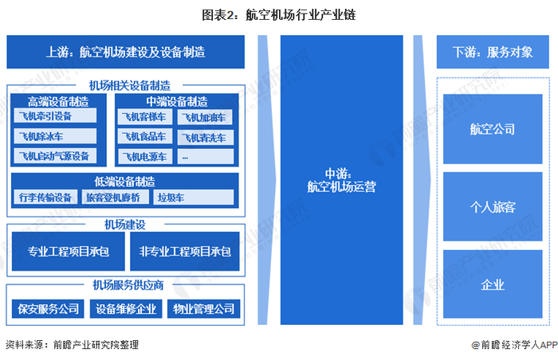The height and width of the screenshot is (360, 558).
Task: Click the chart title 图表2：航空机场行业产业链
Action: click(x=278, y=14)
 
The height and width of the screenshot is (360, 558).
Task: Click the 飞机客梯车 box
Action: click(x=144, y=118)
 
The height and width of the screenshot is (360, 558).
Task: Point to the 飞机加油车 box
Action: click(x=205, y=118)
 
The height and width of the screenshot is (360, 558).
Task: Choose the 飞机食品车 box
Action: click(x=144, y=137)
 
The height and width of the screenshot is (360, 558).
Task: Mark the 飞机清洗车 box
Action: click(x=205, y=137)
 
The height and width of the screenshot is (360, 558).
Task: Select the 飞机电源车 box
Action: click(x=144, y=156)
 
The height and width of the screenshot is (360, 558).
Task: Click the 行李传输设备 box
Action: click(x=45, y=197)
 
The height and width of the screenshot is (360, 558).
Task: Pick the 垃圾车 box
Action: click(x=194, y=197)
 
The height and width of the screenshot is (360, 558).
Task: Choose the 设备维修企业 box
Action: click(x=124, y=309)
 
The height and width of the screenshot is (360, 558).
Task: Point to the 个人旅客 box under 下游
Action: click(x=492, y=206)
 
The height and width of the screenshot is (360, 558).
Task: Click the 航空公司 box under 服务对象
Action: click(x=492, y=129)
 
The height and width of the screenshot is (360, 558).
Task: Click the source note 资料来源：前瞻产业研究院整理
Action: click(x=72, y=345)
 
